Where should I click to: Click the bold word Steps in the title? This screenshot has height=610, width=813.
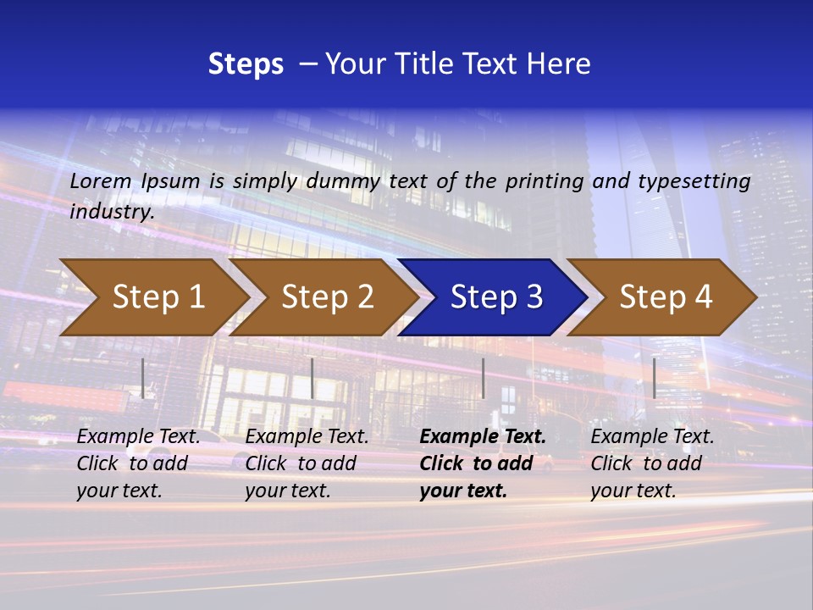[x=246, y=64]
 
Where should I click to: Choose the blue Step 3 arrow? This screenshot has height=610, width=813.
[x=496, y=297]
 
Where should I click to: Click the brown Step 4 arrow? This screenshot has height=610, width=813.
[x=666, y=297]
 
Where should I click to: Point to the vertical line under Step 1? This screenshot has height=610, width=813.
[x=143, y=378]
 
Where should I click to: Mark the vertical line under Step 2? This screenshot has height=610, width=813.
[x=312, y=378]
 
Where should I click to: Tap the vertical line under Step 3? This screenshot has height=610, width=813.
[x=484, y=378]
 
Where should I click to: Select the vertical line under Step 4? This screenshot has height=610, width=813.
[x=655, y=378]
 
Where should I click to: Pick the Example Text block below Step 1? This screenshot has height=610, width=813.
[x=138, y=463]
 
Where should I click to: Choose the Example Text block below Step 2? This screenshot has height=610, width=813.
[x=307, y=463]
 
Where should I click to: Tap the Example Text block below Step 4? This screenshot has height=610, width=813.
[x=652, y=463]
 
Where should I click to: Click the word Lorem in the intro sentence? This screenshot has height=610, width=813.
[x=101, y=180]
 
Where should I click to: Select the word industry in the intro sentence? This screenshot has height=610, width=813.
[x=111, y=211]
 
